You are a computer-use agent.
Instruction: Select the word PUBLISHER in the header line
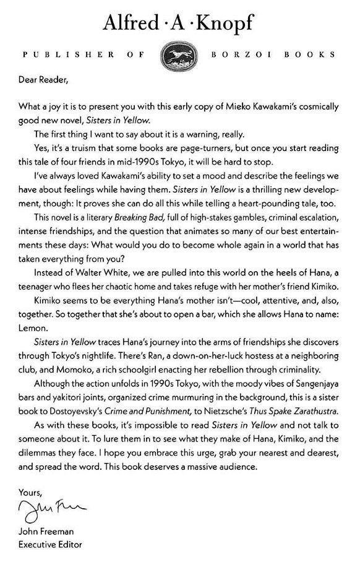68,54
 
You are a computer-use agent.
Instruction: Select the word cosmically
320,105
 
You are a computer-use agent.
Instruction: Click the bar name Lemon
34,328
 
